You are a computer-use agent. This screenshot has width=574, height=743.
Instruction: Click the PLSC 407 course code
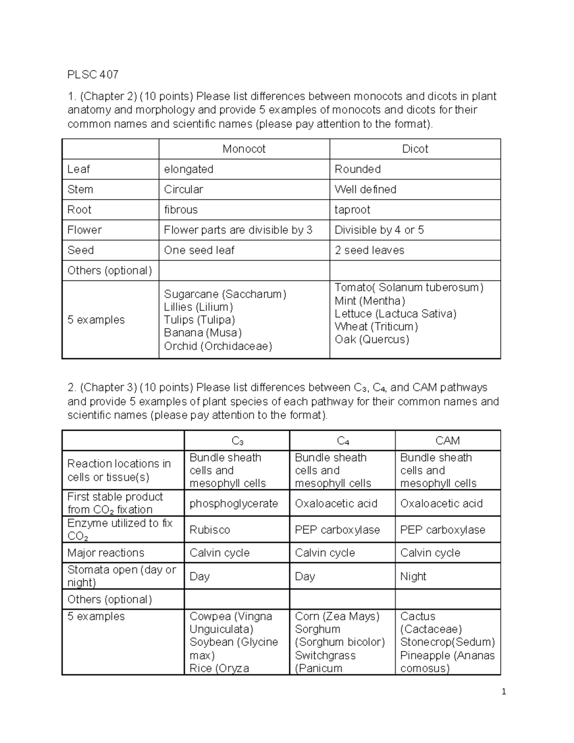point(93,75)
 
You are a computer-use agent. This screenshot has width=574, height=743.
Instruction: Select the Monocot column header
point(244,149)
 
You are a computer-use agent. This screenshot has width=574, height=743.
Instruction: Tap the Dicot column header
point(415,149)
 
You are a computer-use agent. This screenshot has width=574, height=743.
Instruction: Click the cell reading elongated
point(188,169)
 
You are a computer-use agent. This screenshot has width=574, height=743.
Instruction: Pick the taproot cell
point(352,210)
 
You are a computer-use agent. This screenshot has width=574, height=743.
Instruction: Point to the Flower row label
point(85,230)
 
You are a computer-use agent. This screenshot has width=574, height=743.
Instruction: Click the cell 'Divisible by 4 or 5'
point(379,230)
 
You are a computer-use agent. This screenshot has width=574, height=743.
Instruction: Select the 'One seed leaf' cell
point(199,250)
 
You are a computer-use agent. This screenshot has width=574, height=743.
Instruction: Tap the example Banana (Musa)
point(202,333)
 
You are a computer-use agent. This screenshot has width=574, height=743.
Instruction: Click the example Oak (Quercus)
point(372,339)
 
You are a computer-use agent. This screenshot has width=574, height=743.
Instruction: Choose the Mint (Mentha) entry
point(370,300)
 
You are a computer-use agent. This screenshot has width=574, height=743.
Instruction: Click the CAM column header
point(447,441)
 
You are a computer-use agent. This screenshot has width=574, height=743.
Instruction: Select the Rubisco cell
point(210,530)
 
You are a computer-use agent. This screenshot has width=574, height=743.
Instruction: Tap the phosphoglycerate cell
point(233,503)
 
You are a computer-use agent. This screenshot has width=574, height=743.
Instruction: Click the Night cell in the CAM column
point(413,576)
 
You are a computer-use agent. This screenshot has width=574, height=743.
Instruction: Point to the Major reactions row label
point(106,553)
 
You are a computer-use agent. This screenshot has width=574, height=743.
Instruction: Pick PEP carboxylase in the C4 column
point(337,530)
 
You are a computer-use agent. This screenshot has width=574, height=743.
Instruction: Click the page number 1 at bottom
point(504,691)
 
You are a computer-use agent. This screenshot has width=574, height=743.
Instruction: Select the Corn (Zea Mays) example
point(337,616)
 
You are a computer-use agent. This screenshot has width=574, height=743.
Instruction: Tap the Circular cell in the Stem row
point(183,189)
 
